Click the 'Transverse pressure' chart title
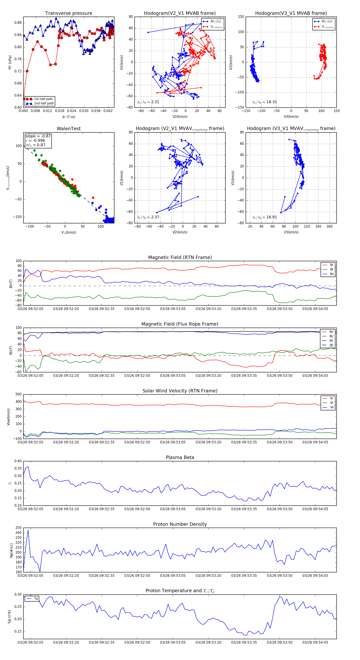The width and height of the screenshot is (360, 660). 69,13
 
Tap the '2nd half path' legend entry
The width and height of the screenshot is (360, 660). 44,104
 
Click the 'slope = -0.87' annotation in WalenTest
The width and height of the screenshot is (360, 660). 38,136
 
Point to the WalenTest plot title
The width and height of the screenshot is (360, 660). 69,129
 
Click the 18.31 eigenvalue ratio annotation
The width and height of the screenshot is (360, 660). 271,102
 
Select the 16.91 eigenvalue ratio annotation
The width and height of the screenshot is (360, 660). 271,217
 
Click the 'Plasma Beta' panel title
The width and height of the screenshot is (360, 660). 180,458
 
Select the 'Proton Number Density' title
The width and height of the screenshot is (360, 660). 180,524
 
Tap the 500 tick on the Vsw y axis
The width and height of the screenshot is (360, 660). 18,394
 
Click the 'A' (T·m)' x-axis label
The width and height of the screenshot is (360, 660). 69,117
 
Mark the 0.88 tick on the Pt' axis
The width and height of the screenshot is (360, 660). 18,23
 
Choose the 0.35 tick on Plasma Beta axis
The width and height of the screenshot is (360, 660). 18,468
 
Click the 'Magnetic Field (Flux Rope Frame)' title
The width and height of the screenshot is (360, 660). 180,324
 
